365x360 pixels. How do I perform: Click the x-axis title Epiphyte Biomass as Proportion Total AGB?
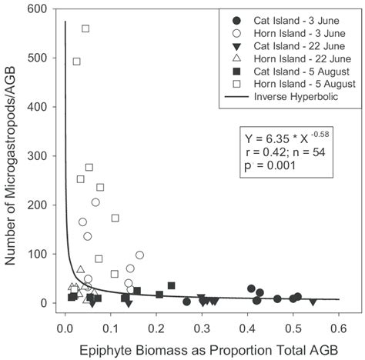coord(202,345)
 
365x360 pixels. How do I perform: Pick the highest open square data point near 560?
coord(85,28)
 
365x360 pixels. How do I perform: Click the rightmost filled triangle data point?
coord(313,302)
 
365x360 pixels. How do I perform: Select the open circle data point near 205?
coord(95,202)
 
